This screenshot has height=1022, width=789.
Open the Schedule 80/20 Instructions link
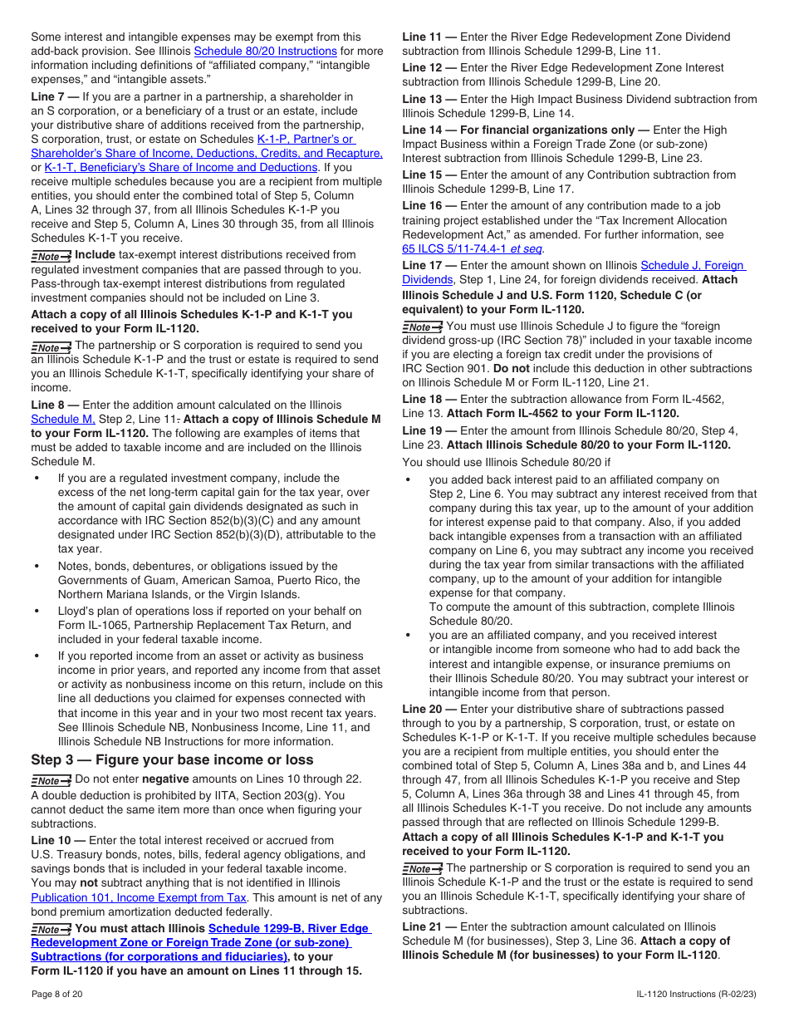click(265, 51)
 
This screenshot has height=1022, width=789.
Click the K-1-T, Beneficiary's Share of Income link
click(180, 167)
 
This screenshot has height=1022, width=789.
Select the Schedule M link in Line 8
click(63, 419)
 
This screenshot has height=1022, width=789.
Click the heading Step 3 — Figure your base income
click(172, 759)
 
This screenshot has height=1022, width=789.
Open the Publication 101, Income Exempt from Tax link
click(139, 897)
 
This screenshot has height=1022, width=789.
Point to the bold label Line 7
click(51, 97)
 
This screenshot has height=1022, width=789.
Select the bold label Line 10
click(54, 840)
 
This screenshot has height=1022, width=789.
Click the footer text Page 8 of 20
click(56, 994)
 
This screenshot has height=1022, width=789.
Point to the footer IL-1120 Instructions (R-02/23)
click(697, 994)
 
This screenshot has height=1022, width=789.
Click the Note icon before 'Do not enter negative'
click(51, 780)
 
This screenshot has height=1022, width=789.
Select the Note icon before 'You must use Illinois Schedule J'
click(422, 327)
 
